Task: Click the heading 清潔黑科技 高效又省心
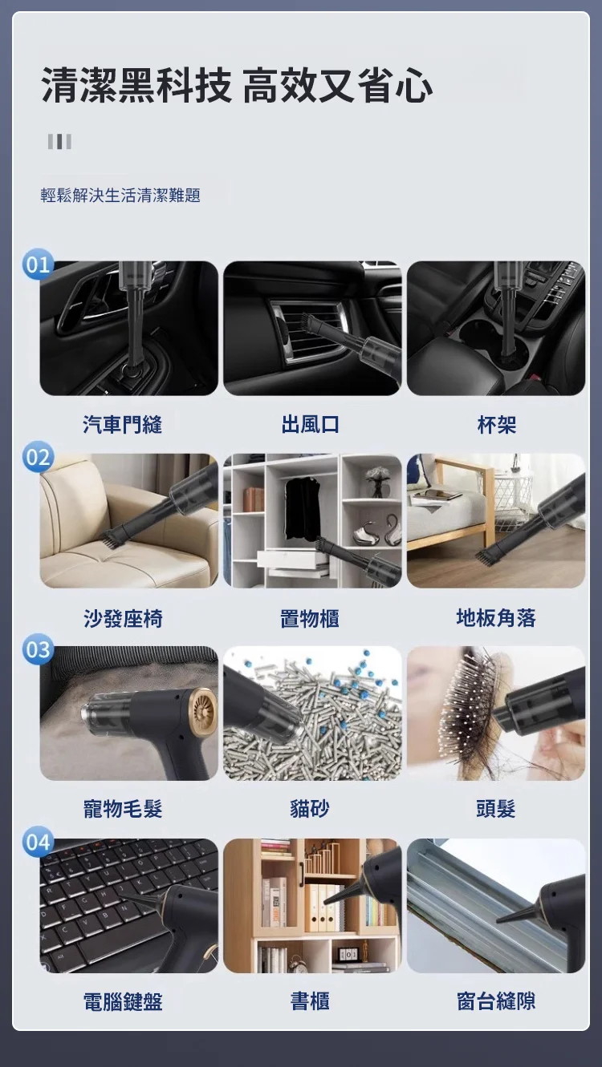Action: point(237,87)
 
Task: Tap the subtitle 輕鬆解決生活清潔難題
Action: point(120,195)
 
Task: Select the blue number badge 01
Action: point(38,265)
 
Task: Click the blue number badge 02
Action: point(38,458)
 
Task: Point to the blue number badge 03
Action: point(38,649)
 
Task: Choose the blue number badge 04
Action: point(38,843)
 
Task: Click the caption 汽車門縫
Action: point(123,425)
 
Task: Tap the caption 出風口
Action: point(310,425)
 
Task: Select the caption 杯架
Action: point(496,425)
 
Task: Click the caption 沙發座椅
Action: point(123,618)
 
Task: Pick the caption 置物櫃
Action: point(310,618)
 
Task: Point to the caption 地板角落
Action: point(496,618)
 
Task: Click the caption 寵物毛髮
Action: point(123,810)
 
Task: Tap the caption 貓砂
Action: point(310,810)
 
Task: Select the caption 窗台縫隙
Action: point(496,1001)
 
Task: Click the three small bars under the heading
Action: point(59,142)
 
